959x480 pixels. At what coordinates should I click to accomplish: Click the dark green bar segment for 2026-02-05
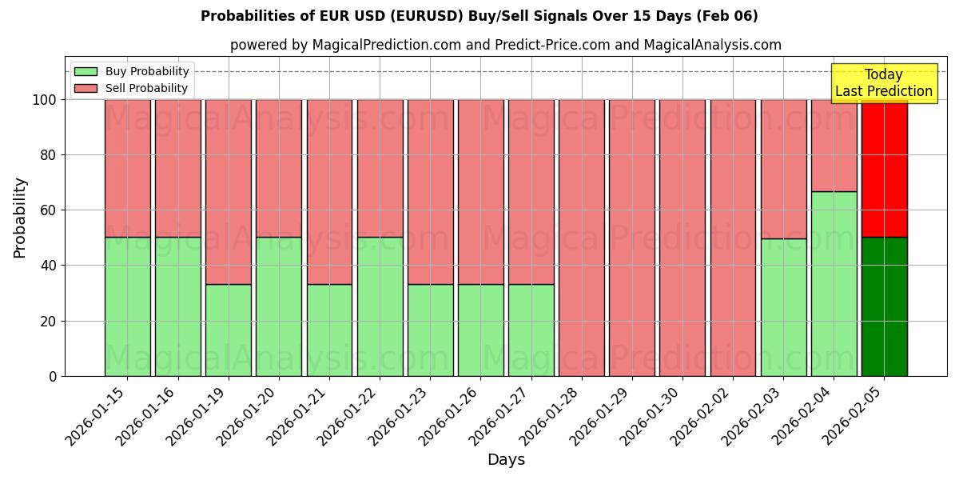tap(884, 306)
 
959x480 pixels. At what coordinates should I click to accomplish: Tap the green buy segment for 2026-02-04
tap(834, 283)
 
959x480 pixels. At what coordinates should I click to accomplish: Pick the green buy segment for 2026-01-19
tap(229, 330)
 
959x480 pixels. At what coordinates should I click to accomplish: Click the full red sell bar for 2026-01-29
tap(631, 238)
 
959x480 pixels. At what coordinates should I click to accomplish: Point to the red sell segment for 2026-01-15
tap(128, 168)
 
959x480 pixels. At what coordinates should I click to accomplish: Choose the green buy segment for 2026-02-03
tap(783, 306)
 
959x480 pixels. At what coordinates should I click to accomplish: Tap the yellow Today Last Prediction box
tap(883, 83)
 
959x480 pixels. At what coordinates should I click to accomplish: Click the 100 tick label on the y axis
tap(43, 100)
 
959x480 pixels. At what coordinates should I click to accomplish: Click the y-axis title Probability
tap(20, 217)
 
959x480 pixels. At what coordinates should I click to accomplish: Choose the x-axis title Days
tap(506, 460)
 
